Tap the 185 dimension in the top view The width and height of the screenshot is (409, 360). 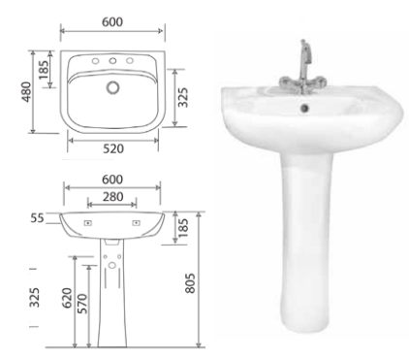43,70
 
